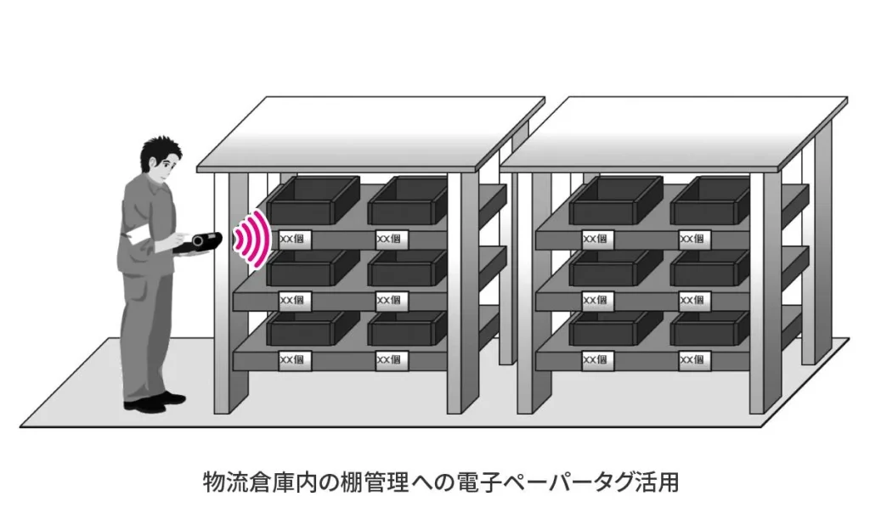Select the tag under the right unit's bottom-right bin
pyautogui.click(x=692, y=360)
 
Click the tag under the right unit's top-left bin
pyautogui.click(x=595, y=239)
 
